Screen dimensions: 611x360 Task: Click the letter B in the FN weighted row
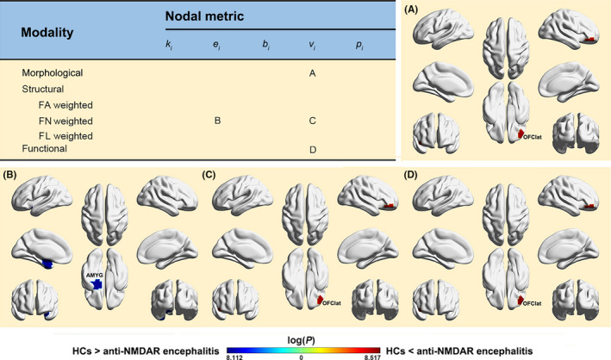pyautogui.click(x=217, y=120)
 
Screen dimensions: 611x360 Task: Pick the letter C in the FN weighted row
pyautogui.click(x=311, y=120)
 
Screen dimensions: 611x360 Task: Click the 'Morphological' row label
pyautogui.click(x=58, y=73)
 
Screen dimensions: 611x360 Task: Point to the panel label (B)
pyautogui.click(x=12, y=175)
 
